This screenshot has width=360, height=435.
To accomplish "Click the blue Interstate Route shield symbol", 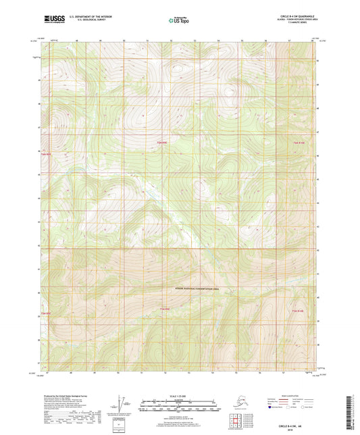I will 269,408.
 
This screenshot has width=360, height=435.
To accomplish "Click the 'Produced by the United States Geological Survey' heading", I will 68,392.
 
